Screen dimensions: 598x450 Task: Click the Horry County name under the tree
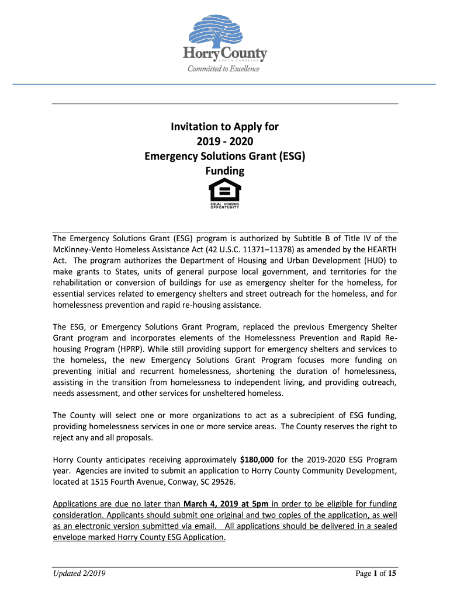[225, 54]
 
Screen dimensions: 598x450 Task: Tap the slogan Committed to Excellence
[223, 69]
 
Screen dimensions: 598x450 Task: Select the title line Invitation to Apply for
[224, 127]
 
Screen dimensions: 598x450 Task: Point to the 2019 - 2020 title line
[224, 141]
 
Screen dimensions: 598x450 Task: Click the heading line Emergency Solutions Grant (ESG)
[224, 157]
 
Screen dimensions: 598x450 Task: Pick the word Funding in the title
[224, 171]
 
